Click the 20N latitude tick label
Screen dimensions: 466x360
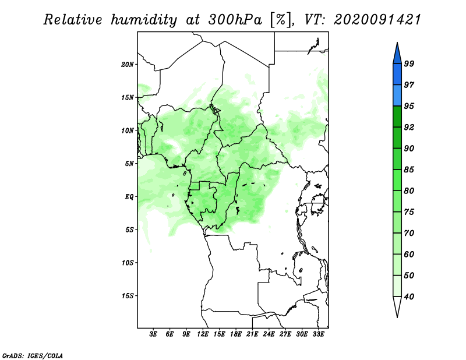[128, 64]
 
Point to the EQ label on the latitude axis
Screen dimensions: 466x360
[129, 196]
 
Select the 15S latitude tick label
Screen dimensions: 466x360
[128, 296]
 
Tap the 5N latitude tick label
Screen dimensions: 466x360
[129, 164]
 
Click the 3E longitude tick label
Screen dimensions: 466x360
[153, 334]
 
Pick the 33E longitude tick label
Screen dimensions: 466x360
[318, 334]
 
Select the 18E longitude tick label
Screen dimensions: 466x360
[236, 334]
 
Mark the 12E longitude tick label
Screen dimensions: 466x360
[203, 334]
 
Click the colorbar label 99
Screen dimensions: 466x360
[409, 63]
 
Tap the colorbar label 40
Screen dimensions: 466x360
[409, 297]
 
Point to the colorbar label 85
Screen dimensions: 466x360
[409, 170]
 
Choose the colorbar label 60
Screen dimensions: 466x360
[409, 254]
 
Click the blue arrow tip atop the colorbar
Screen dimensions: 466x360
[397, 43]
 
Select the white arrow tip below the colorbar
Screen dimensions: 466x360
[397, 317]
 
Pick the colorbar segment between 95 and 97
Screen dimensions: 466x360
[397, 96]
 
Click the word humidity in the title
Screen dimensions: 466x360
[144, 20]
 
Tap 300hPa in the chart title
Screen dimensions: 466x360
[235, 20]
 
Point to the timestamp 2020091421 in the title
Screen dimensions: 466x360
[377, 20]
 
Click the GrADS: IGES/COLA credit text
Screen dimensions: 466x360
[33, 355]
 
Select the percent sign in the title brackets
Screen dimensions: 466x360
[280, 20]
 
